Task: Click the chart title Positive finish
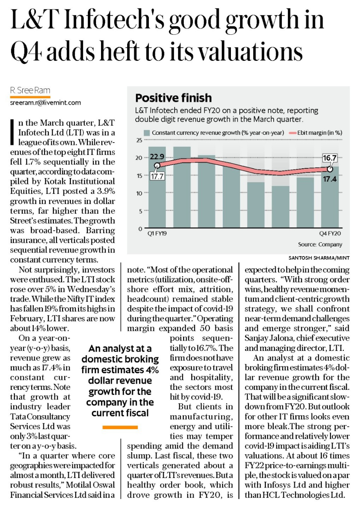coord(173,98)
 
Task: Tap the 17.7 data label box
coord(157,176)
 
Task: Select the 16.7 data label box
coord(330,158)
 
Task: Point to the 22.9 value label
coord(157,157)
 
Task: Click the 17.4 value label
coord(330,179)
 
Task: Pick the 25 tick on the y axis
coord(139,140)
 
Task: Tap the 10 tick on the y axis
coord(139,193)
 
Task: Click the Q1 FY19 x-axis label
coord(157,233)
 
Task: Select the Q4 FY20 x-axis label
coord(330,233)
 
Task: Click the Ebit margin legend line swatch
coord(293,133)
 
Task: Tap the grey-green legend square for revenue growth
coord(147,133)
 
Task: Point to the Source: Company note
coord(320,244)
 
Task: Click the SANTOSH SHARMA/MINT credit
coord(319,258)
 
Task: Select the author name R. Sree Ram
coord(30,91)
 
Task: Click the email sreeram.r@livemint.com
coord(45,103)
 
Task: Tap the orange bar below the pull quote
coord(120,427)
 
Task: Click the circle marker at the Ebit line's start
coord(157,166)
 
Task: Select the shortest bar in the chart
coord(280,207)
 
